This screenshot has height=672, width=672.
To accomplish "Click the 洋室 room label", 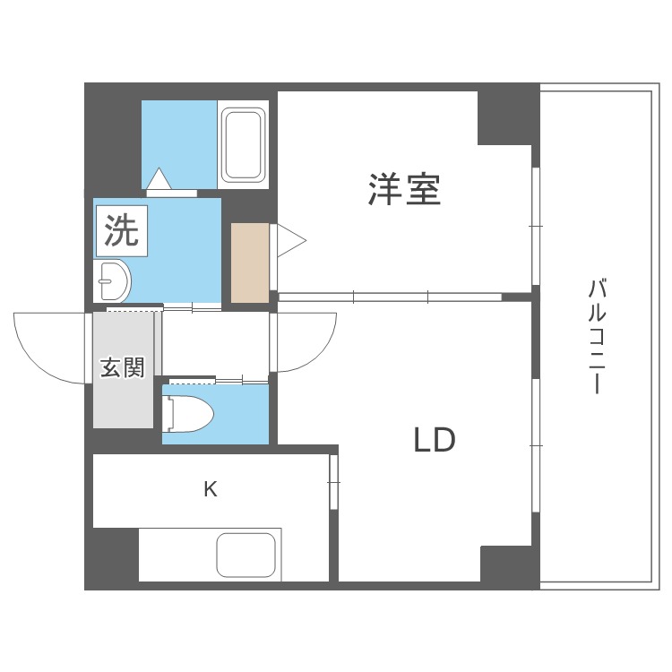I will click(404, 190).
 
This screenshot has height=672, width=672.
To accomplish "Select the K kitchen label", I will click(210, 489).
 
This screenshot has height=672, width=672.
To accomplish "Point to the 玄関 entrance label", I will click(122, 367).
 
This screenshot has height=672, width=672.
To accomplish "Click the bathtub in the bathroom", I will click(244, 145).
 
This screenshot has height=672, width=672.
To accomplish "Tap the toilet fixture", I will click(188, 414).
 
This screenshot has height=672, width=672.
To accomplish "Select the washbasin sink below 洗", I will click(113, 282).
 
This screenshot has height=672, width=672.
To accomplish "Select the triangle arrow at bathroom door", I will click(159, 179).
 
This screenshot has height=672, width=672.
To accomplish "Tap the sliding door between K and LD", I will click(333, 484).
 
